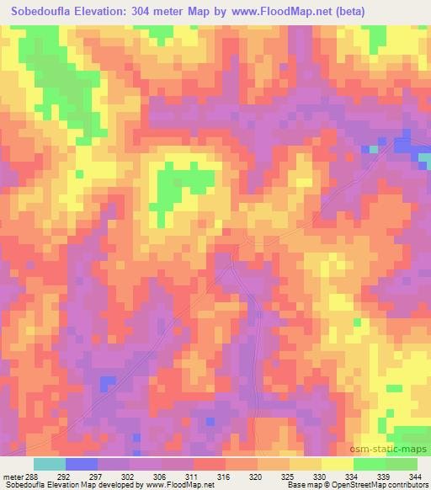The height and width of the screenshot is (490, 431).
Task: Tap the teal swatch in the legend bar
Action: [49, 464]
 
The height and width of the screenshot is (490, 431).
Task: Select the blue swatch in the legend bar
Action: [81, 464]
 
